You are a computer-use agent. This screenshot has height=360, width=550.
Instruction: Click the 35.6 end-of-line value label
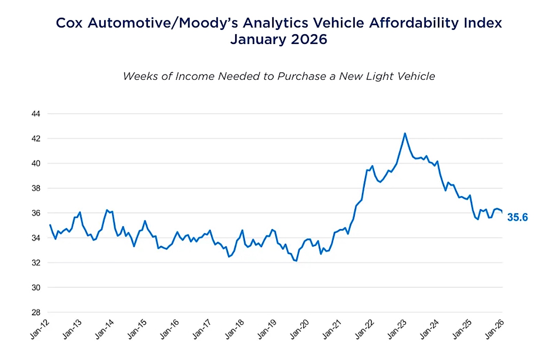[x=517, y=217]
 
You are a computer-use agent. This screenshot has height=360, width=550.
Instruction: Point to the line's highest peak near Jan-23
[x=405, y=133]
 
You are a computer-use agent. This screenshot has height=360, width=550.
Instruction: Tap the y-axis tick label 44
[x=36, y=114]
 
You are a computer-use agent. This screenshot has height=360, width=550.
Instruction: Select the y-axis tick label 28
[x=36, y=313]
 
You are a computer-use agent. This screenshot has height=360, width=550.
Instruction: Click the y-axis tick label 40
[x=36, y=164]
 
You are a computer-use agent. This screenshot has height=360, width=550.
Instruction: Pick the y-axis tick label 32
[x=36, y=263]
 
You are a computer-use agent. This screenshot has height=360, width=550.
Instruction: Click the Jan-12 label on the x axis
[x=40, y=329]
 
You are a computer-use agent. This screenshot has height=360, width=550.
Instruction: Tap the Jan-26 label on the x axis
[x=495, y=329]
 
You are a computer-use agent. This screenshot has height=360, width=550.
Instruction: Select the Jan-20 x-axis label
[x=299, y=329]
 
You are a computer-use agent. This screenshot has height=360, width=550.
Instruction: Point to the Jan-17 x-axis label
[x=202, y=329]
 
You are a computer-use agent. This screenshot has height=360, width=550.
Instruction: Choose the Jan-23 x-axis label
[x=397, y=329]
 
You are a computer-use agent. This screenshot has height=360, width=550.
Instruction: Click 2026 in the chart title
[x=309, y=39]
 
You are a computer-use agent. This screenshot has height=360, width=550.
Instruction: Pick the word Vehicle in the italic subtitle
[x=416, y=76]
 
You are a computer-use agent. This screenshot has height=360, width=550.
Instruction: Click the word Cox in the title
[x=69, y=23]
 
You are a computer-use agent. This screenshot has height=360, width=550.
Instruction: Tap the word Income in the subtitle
[x=195, y=76]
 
